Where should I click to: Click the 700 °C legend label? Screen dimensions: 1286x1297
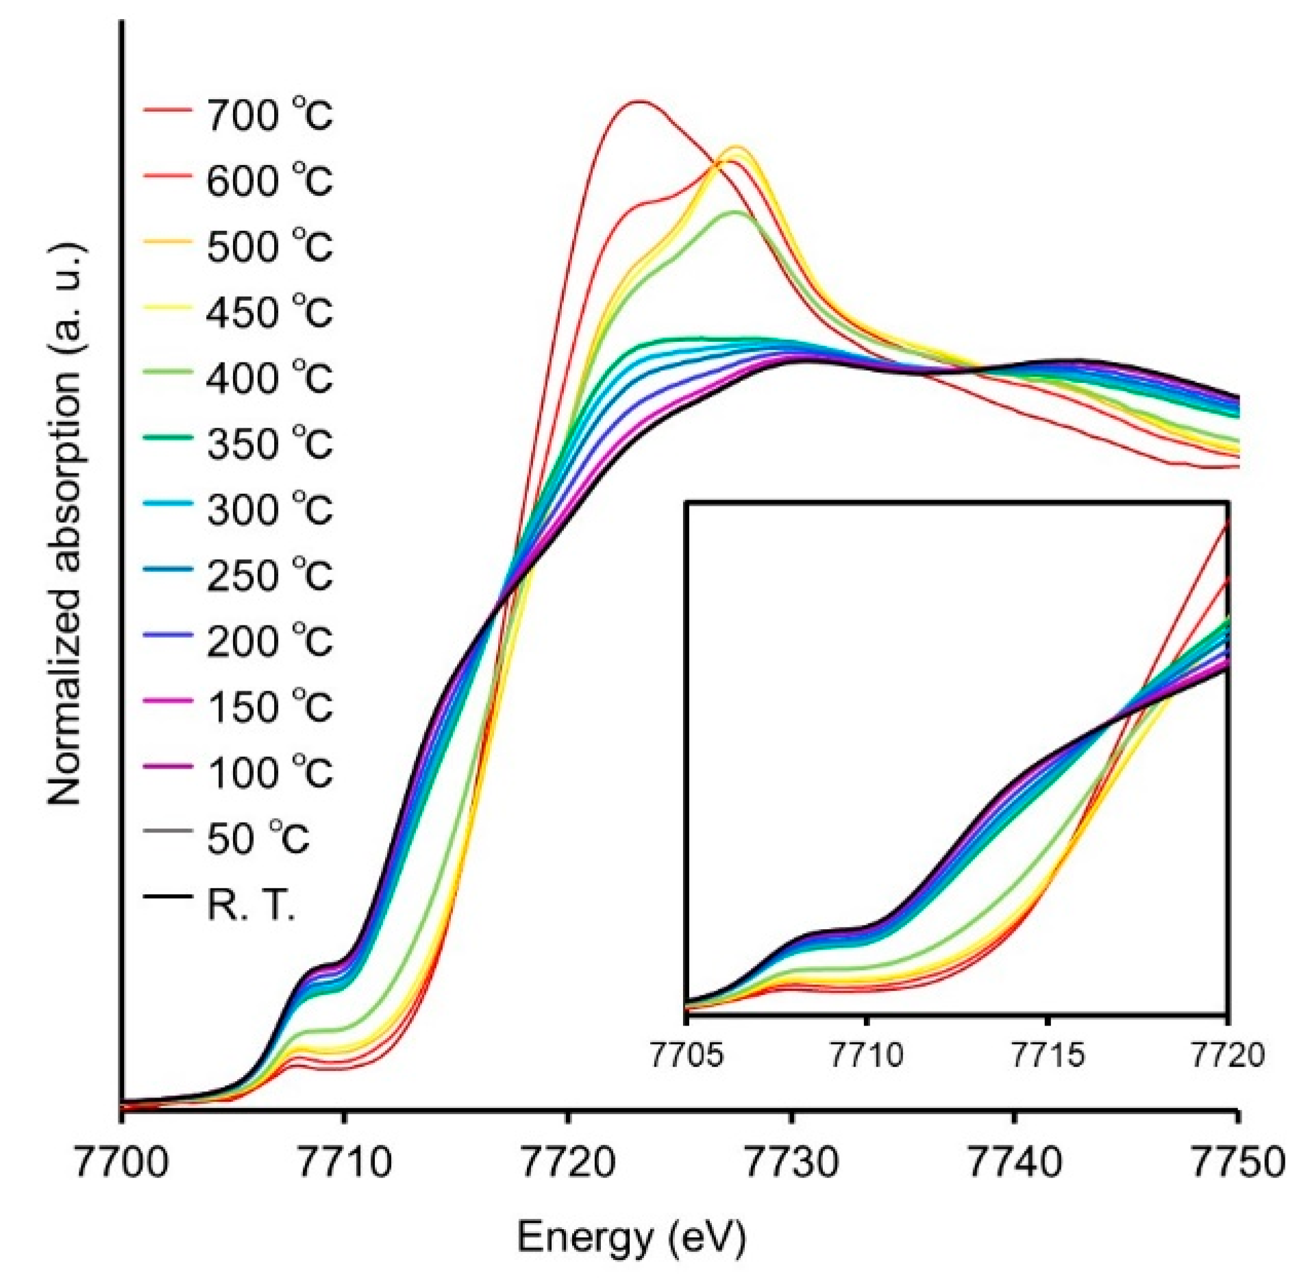(269, 114)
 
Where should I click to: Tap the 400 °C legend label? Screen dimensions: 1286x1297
(269, 378)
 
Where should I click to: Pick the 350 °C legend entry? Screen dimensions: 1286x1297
(269, 443)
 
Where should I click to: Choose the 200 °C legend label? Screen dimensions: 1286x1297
(269, 641)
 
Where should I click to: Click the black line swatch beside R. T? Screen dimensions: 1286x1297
(167, 895)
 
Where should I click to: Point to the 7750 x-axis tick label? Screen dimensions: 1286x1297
(1237, 1163)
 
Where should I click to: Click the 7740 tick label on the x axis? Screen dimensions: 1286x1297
(1014, 1163)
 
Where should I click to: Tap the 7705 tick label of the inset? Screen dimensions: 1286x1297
(686, 1055)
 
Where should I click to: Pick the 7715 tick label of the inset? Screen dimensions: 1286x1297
(1048, 1055)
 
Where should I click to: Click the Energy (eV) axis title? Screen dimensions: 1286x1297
(631, 1238)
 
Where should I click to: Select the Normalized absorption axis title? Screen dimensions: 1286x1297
(66, 524)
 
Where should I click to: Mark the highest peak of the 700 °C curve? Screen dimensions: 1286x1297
(639, 101)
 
